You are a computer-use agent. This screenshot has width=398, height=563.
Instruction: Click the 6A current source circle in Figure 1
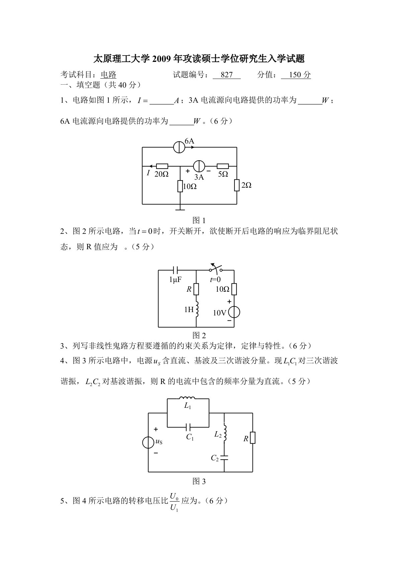[x=179, y=147]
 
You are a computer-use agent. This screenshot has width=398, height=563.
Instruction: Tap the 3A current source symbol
[x=199, y=166]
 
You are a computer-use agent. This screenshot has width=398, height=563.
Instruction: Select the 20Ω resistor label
[x=162, y=174]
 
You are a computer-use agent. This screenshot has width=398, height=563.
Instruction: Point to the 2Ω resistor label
[x=246, y=185]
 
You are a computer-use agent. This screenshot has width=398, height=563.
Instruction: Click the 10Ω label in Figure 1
[x=190, y=186]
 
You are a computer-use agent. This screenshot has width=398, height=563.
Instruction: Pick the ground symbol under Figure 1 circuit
[x=180, y=209]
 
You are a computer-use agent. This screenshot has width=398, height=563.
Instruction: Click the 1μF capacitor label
[x=175, y=279]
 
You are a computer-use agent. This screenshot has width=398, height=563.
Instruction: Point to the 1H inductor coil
[x=197, y=309]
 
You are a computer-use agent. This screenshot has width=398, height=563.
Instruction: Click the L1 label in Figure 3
[x=187, y=406]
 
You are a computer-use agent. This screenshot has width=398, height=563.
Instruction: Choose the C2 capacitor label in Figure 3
[x=215, y=458]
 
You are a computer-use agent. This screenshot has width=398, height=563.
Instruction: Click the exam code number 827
[x=226, y=75]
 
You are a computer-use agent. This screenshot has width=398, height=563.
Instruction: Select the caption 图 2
[x=199, y=335]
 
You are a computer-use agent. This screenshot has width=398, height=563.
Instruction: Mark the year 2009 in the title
[x=161, y=59]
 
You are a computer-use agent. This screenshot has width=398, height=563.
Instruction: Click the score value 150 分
[x=296, y=75]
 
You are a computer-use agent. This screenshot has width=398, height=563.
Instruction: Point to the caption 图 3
[x=199, y=481]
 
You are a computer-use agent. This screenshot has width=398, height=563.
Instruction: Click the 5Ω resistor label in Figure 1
[x=223, y=174]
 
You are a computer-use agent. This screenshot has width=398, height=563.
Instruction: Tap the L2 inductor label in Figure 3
[x=218, y=435]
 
